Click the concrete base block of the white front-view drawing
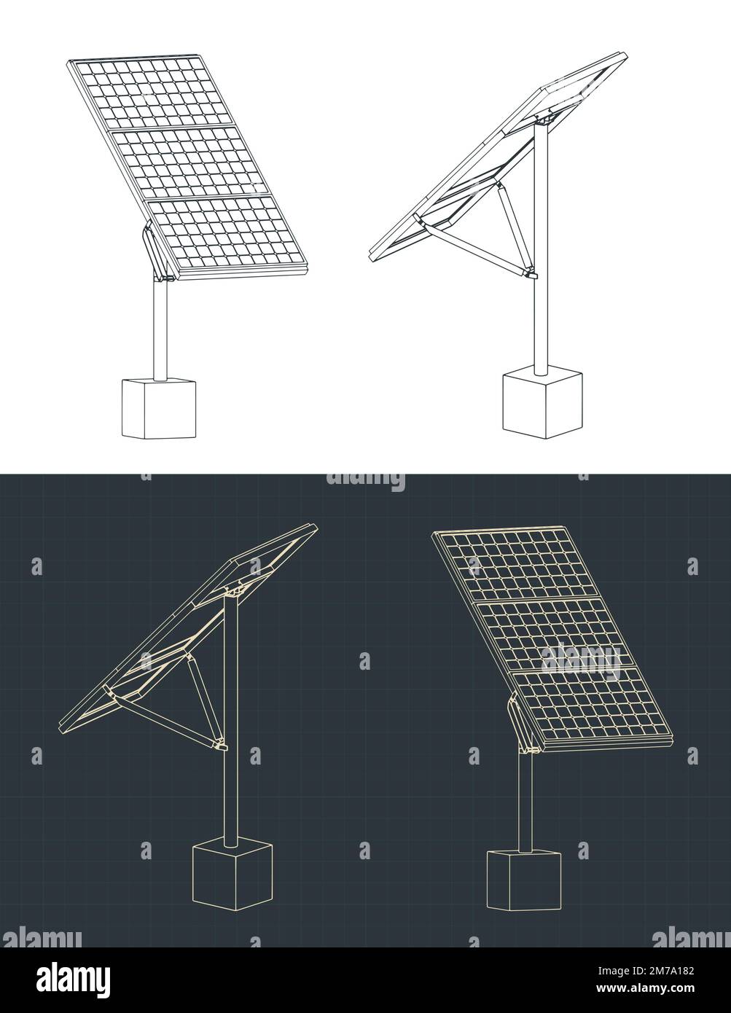click(x=159, y=408)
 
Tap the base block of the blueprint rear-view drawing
click(x=232, y=875)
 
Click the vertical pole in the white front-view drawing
click(x=160, y=328)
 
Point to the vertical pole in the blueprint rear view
click(x=230, y=787)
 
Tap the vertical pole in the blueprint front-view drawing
click(x=523, y=802)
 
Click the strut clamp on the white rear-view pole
click(x=531, y=275)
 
